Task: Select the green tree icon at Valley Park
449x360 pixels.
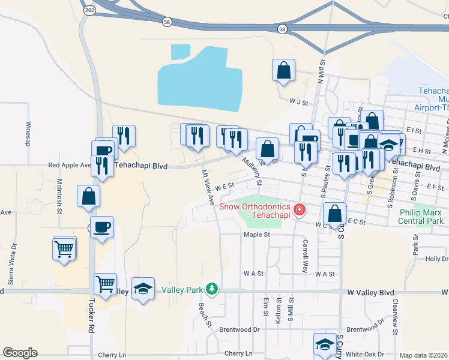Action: coord(211,290)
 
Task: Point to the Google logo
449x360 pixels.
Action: coord(20,352)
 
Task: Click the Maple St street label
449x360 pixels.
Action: coord(256,235)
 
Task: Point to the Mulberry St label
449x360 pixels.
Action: coord(252,171)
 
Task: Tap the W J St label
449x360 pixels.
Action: coord(298,102)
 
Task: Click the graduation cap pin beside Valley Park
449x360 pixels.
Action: coord(143,289)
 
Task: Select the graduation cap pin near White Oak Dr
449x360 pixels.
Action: coord(325,344)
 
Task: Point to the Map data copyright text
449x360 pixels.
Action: coord(424,355)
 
